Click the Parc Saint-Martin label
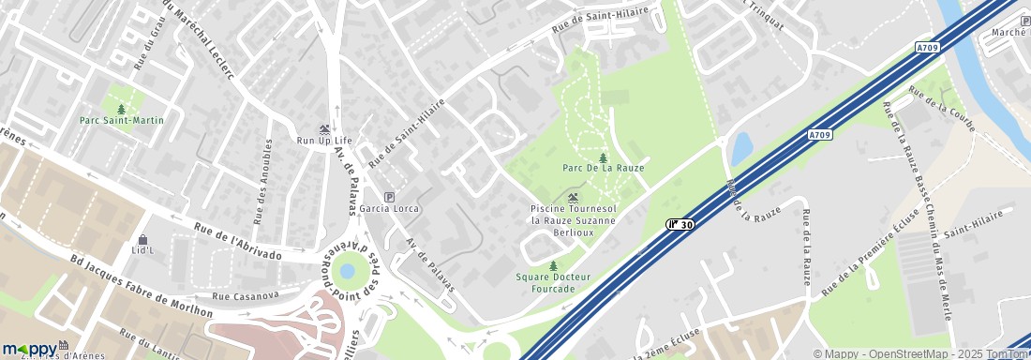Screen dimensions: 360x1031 click(122, 120)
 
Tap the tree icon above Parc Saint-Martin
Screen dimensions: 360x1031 click(122, 109)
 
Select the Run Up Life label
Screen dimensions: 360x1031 click(324, 141)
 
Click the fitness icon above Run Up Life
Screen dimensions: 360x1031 click(324, 129)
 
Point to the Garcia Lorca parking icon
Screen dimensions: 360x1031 click(390, 196)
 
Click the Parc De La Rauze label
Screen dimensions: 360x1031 click(603, 168)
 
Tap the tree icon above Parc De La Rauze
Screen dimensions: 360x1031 click(603, 157)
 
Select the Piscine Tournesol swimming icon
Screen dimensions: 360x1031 click(573, 197)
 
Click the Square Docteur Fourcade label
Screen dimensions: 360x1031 click(553, 282)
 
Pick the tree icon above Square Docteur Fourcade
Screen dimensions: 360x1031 click(553, 266)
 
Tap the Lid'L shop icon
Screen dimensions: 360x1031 click(142, 240)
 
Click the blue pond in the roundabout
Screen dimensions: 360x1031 click(348, 271)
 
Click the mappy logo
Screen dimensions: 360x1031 click(30, 349)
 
